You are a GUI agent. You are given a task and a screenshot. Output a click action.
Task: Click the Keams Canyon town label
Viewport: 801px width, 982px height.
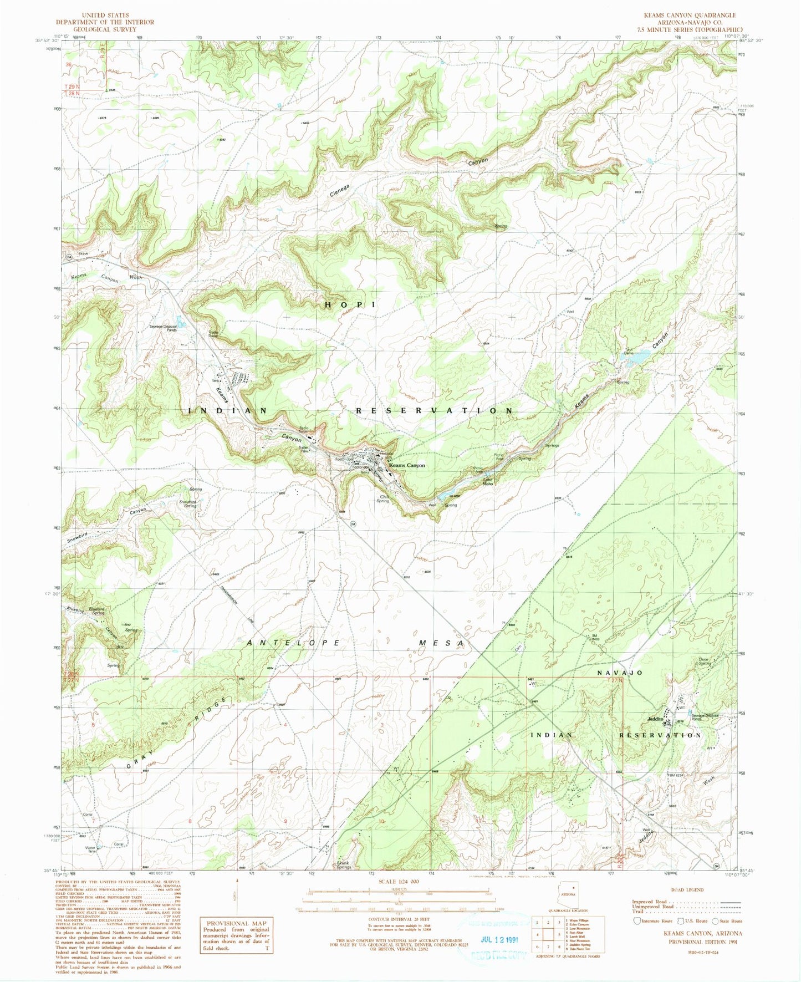click(x=407, y=465)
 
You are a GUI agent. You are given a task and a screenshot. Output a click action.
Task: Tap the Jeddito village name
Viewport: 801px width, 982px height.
click(x=655, y=719)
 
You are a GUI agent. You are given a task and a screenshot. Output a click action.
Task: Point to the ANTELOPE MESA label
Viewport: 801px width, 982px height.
click(x=355, y=643)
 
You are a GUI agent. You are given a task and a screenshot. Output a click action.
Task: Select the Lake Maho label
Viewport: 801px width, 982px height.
click(x=488, y=482)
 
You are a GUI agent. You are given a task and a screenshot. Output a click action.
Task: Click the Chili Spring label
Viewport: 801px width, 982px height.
click(x=382, y=499)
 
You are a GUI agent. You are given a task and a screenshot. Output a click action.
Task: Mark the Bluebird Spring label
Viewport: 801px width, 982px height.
click(x=98, y=611)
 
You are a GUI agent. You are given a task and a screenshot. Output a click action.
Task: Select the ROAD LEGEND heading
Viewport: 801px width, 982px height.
click(x=687, y=889)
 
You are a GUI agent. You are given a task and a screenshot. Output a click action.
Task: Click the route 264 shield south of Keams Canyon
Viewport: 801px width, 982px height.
click(x=353, y=523)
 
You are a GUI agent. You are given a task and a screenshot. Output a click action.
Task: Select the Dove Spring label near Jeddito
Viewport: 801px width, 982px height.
click(x=705, y=662)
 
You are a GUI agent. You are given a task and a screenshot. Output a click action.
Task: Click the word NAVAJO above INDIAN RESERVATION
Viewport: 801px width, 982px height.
click(x=619, y=673)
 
